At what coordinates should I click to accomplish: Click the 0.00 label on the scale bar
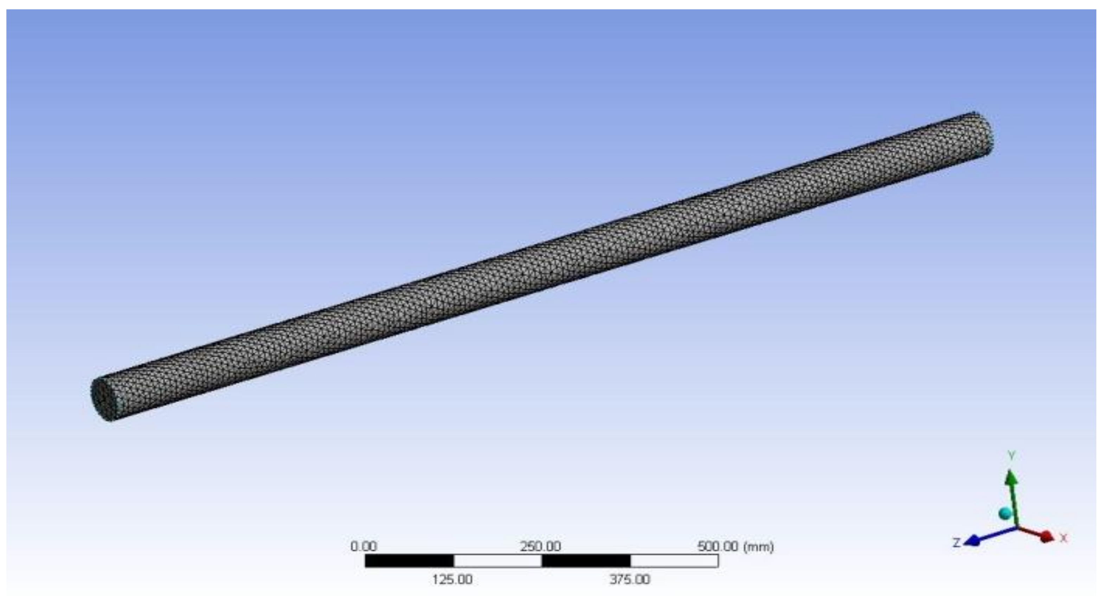pos(363,546)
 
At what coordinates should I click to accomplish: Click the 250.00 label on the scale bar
pos(540,546)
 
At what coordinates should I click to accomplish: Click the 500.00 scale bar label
pos(718,546)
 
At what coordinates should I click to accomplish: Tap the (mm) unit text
pos(760,547)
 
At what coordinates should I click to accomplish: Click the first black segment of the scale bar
pos(409,561)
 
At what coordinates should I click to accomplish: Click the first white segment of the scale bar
pos(498,561)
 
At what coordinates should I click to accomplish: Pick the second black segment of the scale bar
pos(586,561)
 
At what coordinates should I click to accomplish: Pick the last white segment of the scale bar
pos(674,561)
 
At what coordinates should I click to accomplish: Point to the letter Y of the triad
pos(1011,455)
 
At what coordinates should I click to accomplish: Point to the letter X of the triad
pos(1064,538)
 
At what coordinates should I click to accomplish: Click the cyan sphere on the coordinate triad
pos(1005,513)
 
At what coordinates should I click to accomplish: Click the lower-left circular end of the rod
pos(102,399)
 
